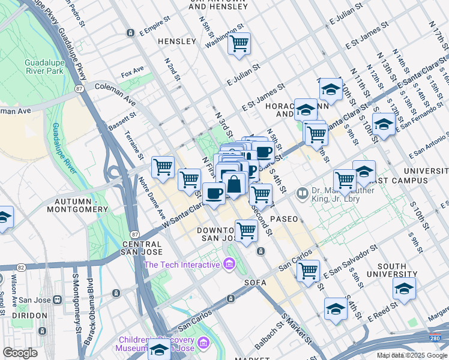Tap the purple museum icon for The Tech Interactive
pos(229,264)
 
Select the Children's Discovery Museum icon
pos(203,343)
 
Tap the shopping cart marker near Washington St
pos(239,43)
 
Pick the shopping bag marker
pos(235,183)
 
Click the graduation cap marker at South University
pos(404,289)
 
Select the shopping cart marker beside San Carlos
pos(308,270)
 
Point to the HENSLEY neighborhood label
pos(177,41)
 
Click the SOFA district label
pos(255,282)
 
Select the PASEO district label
pos(284,219)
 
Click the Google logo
pos(20,353)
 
